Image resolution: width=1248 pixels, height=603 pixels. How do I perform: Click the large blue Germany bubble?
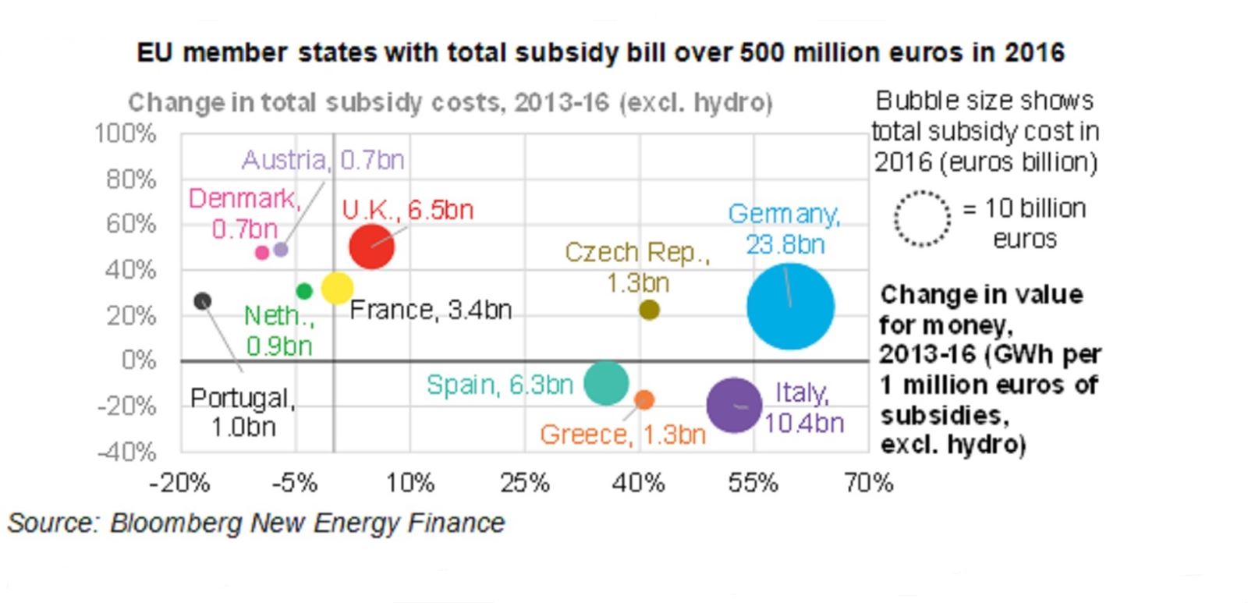tap(790, 307)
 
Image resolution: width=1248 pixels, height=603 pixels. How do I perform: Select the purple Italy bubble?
tap(734, 405)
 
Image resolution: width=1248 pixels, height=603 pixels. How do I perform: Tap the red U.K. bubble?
tap(371, 247)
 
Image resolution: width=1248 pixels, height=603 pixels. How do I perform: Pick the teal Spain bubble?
tap(606, 382)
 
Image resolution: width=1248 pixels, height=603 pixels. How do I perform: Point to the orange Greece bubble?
tap(644, 399)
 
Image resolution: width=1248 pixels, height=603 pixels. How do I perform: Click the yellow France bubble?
tap(337, 288)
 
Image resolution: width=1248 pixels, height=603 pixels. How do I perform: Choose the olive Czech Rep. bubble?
tap(649, 310)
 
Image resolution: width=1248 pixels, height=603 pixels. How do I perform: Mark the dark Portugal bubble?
tap(203, 301)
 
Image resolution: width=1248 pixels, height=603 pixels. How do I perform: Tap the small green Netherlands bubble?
tap(304, 291)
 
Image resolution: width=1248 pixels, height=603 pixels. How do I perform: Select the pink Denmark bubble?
tap(262, 252)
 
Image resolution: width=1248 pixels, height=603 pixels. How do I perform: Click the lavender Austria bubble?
tap(281, 250)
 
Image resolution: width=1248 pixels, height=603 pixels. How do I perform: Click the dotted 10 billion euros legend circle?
tap(922, 219)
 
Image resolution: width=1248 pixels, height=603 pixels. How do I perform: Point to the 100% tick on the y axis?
tap(126, 134)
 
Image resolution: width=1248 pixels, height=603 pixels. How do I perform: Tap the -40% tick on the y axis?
tap(127, 452)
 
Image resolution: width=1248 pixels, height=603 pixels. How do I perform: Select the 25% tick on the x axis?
tap(524, 484)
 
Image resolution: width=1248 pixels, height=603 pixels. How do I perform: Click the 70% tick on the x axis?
tap(868, 484)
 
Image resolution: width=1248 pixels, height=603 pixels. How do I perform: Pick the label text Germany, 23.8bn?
tap(785, 229)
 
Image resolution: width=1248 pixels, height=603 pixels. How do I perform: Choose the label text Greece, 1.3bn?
tap(622, 435)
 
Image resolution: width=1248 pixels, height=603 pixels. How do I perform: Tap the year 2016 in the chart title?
tap(1034, 53)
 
